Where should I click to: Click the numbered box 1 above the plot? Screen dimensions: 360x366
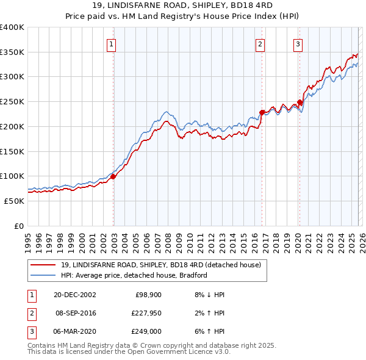[113, 43]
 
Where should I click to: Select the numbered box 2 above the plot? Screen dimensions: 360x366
[260, 43]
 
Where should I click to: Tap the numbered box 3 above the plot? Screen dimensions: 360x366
[298, 43]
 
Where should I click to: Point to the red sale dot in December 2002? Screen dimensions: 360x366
[113, 176]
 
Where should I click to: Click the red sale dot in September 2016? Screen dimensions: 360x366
[262, 112]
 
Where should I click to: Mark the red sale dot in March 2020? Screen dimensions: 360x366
[300, 102]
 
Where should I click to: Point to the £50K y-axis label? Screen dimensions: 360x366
[14, 201]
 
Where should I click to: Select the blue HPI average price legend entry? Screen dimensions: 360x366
[134, 275]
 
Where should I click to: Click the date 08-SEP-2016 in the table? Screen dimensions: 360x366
[76, 313]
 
